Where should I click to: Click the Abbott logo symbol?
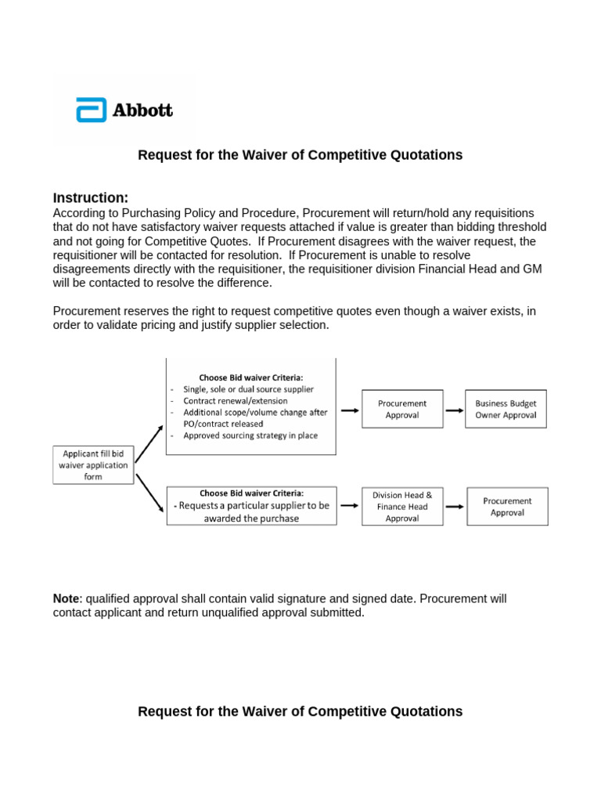click(x=91, y=110)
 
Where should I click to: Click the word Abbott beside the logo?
click(x=142, y=110)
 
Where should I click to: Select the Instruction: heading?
click(x=91, y=197)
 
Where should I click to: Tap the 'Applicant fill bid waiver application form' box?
click(x=93, y=464)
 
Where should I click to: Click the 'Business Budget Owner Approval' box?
click(x=506, y=409)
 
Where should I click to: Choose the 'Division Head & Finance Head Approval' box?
click(x=402, y=507)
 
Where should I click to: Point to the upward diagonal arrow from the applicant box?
click(x=149, y=443)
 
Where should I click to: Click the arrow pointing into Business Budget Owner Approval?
click(x=453, y=410)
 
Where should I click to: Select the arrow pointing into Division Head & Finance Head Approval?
click(x=350, y=506)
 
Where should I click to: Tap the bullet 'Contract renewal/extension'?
click(x=235, y=401)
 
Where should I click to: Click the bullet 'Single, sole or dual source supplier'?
click(x=248, y=389)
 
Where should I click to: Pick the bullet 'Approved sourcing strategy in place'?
click(x=250, y=435)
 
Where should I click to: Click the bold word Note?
click(x=67, y=598)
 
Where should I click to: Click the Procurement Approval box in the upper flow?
click(x=402, y=409)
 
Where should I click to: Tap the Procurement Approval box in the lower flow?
click(x=507, y=507)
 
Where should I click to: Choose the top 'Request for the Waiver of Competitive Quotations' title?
click(x=300, y=155)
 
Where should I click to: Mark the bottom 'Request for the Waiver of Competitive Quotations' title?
click(x=300, y=711)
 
